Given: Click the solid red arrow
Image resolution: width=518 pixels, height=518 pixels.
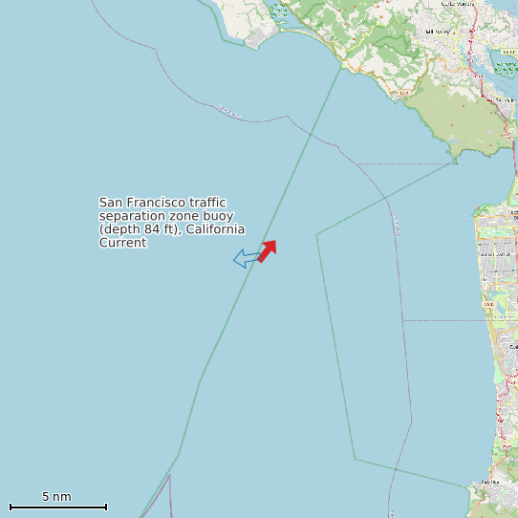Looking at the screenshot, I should [268, 249].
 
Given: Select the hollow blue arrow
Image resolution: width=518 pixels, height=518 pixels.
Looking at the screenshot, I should [246, 258].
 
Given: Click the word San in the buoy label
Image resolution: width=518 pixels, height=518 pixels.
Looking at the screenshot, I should [111, 203].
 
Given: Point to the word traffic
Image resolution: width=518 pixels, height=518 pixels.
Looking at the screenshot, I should [207, 203].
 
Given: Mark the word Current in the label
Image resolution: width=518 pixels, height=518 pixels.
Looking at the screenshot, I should [123, 243].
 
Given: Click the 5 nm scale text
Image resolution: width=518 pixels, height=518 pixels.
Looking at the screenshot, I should [56, 496].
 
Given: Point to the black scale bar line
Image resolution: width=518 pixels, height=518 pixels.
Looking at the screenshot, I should [57, 507].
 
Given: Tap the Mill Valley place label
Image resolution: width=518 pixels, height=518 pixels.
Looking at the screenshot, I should [437, 32].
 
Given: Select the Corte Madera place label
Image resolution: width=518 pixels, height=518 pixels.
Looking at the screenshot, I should [460, 4].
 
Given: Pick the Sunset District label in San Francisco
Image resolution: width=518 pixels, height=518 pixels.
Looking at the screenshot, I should [496, 254].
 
